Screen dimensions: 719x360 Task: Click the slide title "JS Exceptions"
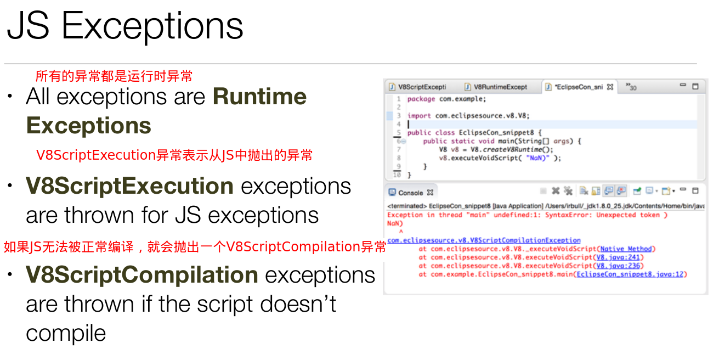(x=125, y=26)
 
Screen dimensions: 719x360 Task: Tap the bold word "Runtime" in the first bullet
(x=259, y=97)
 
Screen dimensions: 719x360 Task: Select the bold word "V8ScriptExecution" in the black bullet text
(x=129, y=186)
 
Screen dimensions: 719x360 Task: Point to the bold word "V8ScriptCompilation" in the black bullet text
(x=142, y=275)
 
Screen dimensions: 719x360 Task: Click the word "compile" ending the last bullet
(x=66, y=333)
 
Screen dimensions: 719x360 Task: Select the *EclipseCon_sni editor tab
(x=579, y=87)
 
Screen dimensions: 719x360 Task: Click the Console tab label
(x=411, y=193)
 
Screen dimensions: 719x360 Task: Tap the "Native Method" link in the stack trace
(x=626, y=249)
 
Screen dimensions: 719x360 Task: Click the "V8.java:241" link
(x=618, y=257)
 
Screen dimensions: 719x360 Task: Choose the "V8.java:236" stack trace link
(x=618, y=266)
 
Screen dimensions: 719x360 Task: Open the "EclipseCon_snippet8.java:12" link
(x=630, y=274)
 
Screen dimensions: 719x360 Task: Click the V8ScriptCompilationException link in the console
(x=484, y=240)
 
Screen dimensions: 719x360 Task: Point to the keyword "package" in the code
(x=421, y=99)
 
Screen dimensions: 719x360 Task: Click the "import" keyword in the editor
(x=419, y=116)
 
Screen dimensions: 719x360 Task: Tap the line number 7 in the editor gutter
(x=399, y=149)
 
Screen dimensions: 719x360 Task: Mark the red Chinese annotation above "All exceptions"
(x=114, y=76)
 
